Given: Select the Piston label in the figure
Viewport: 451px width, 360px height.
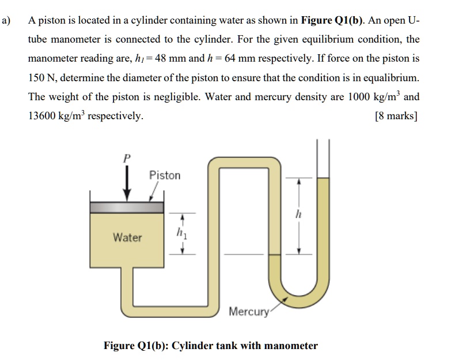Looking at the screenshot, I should click(165, 175).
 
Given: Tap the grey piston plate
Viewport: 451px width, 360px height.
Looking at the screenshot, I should click(126, 206).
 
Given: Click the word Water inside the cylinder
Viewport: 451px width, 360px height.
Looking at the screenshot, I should click(127, 237).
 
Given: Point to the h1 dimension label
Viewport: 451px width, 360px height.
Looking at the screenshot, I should click(182, 234).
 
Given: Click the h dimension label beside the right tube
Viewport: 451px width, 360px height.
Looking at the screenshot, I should click(298, 215).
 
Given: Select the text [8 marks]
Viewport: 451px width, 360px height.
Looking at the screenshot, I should click(396, 115).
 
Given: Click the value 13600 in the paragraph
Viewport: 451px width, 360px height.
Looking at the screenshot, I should click(46, 115).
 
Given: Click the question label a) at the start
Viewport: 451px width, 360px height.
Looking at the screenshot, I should click(7, 20).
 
